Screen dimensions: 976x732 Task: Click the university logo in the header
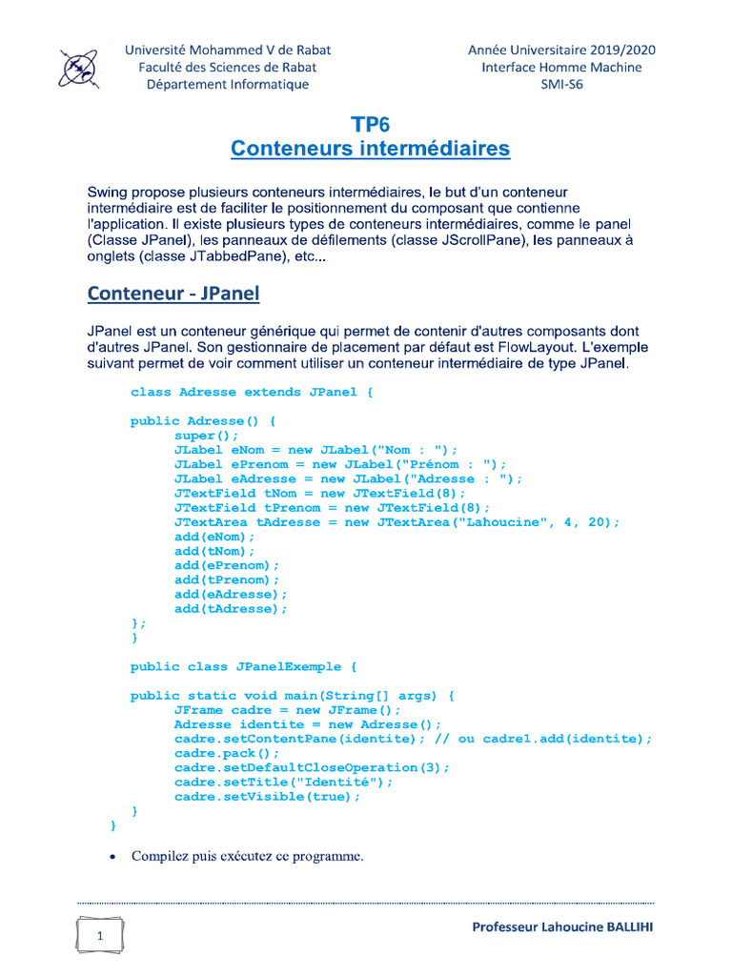(x=78, y=68)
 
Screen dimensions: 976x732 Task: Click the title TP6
(x=370, y=125)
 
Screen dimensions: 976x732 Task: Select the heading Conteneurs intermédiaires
(x=370, y=150)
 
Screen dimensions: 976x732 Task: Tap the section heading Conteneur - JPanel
(x=173, y=293)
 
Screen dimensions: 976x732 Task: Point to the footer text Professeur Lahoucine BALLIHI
(x=562, y=927)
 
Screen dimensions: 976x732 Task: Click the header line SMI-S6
(x=561, y=84)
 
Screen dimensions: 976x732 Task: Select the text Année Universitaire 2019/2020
(x=561, y=50)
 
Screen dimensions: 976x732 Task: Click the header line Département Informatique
(x=227, y=84)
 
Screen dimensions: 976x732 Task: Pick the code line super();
(x=207, y=436)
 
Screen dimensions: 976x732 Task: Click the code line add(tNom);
(x=214, y=551)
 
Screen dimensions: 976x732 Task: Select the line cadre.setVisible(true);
(x=267, y=797)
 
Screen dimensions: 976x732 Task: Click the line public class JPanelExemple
(x=243, y=666)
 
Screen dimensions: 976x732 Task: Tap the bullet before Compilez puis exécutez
(x=112, y=857)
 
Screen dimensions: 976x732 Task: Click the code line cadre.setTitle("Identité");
(x=283, y=782)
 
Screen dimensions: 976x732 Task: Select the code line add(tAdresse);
(x=231, y=608)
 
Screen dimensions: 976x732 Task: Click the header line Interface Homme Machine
(x=561, y=67)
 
